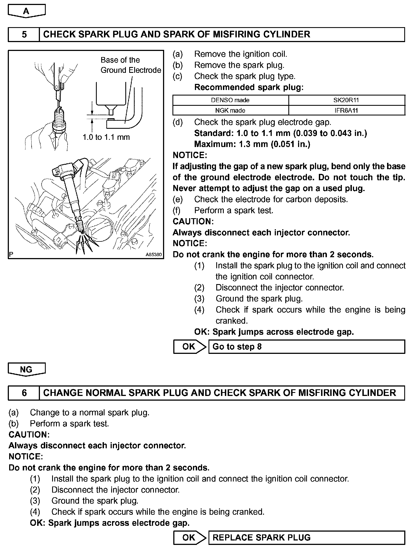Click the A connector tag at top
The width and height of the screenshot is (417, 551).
tap(26, 11)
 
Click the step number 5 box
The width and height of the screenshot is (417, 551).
tap(24, 34)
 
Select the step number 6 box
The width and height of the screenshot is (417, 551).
tap(24, 393)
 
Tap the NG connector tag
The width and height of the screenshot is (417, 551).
tap(26, 370)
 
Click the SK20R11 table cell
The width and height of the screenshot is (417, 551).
tap(346, 100)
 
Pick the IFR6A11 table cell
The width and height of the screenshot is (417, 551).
tap(346, 110)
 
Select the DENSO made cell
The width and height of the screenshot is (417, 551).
tap(230, 100)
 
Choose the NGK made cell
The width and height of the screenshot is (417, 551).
tap(230, 110)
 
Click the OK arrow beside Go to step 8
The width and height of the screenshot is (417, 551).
tap(190, 347)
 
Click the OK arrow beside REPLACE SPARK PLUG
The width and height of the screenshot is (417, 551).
tap(190, 537)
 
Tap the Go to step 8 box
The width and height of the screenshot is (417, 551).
tap(306, 347)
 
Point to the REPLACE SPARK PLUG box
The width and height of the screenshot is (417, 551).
tap(306, 537)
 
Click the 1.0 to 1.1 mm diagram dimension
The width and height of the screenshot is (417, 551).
tap(106, 137)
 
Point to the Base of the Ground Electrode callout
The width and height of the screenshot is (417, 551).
tap(131, 65)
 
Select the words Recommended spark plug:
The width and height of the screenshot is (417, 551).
tap(249, 87)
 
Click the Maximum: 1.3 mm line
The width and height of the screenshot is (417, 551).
tap(252, 144)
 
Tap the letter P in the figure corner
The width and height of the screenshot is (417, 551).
tap(11, 254)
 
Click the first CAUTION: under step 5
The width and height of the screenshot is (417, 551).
tap(193, 222)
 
